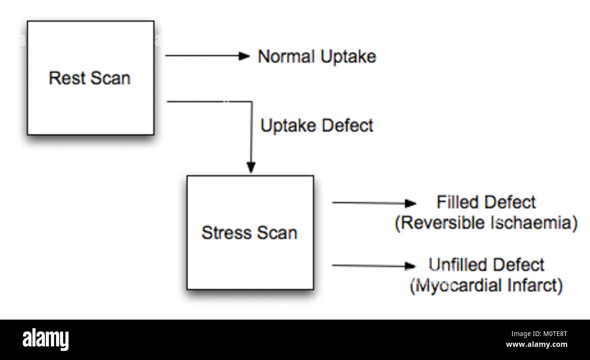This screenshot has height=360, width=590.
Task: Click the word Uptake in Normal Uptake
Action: (348, 57)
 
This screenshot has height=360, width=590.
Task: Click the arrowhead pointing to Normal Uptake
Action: (245, 56)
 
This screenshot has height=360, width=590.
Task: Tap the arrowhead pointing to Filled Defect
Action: (411, 203)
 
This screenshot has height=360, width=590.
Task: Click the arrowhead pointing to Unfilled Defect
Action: (411, 266)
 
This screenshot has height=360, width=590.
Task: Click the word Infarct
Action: (536, 286)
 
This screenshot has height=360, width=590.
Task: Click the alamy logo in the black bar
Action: (46, 339)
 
